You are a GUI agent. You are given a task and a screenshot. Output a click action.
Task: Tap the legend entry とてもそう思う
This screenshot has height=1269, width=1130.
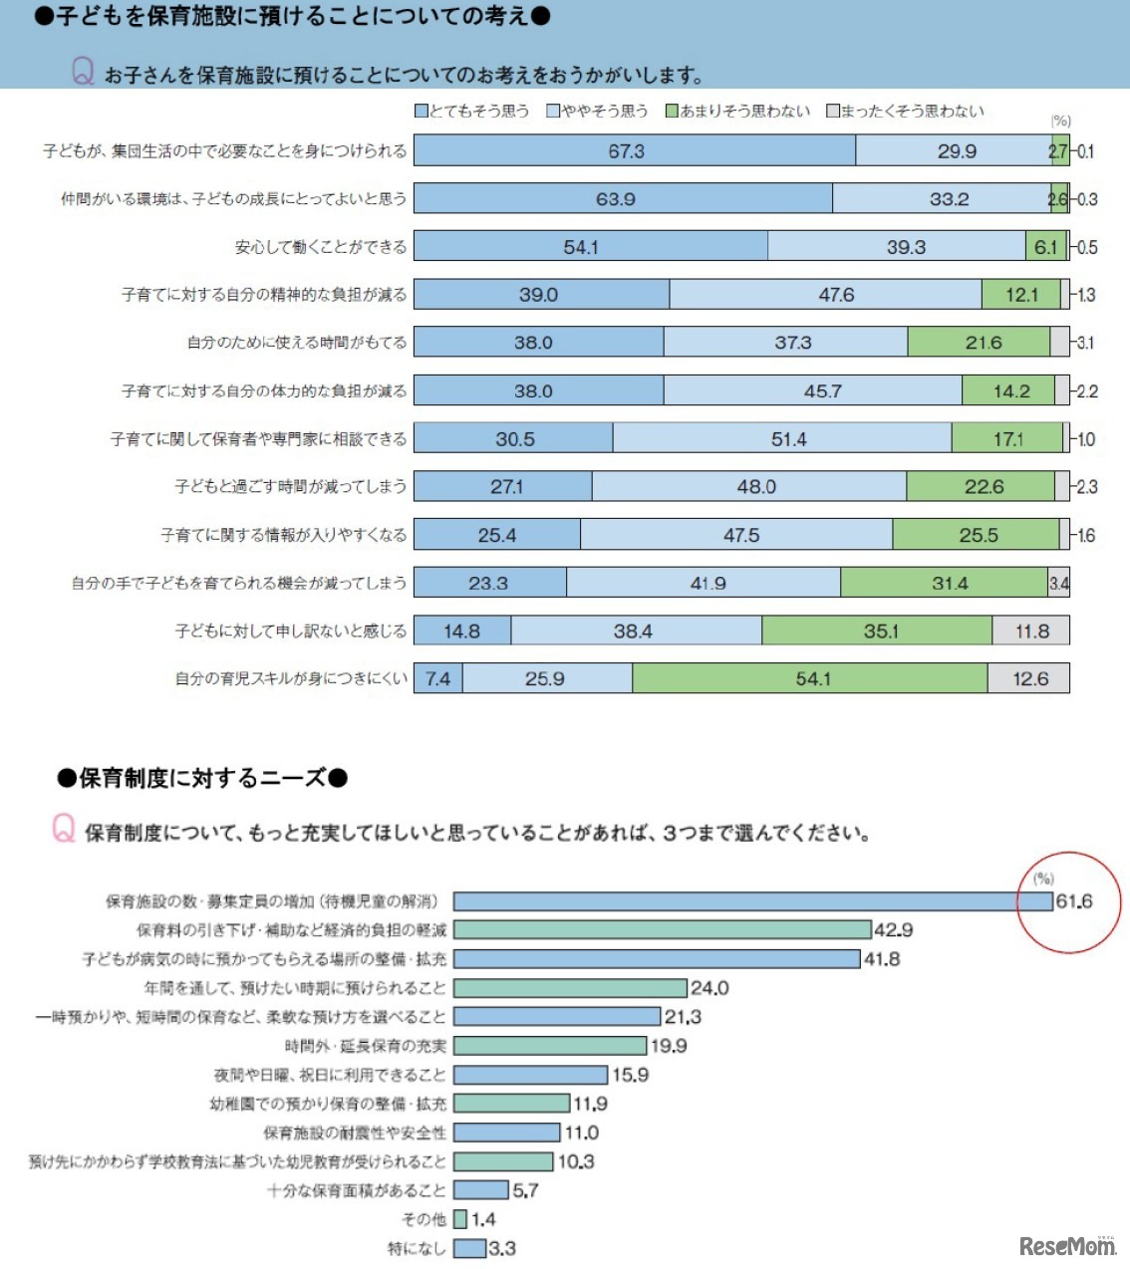[472, 111]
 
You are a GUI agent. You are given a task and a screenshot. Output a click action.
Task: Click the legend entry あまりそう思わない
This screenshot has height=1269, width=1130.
[738, 111]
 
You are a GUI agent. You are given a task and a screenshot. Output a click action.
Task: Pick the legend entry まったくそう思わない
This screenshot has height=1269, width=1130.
[905, 111]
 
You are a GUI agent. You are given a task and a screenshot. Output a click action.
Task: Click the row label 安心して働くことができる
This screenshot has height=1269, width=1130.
[320, 247]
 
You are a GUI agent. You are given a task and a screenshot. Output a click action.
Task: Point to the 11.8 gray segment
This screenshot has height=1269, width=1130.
[1030, 631]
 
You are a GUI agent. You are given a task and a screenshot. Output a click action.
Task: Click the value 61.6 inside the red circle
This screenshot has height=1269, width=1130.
[1074, 901]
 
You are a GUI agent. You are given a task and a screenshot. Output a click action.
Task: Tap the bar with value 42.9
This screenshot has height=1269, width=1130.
[662, 929]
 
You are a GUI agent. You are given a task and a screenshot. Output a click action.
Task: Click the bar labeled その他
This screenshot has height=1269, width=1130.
[460, 1219]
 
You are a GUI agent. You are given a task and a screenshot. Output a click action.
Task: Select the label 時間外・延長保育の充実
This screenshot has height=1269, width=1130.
[365, 1046]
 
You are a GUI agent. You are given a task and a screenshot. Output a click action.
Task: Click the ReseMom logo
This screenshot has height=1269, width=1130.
[1066, 1245]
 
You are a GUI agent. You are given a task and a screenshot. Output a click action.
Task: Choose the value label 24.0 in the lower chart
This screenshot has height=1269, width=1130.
[709, 988]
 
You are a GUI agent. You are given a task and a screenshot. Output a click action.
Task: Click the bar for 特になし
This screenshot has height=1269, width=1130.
[469, 1248]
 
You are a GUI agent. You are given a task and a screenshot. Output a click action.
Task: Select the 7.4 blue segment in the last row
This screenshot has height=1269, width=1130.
[438, 678]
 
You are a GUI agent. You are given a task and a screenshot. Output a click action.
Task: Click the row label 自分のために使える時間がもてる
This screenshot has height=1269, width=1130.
[297, 343]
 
